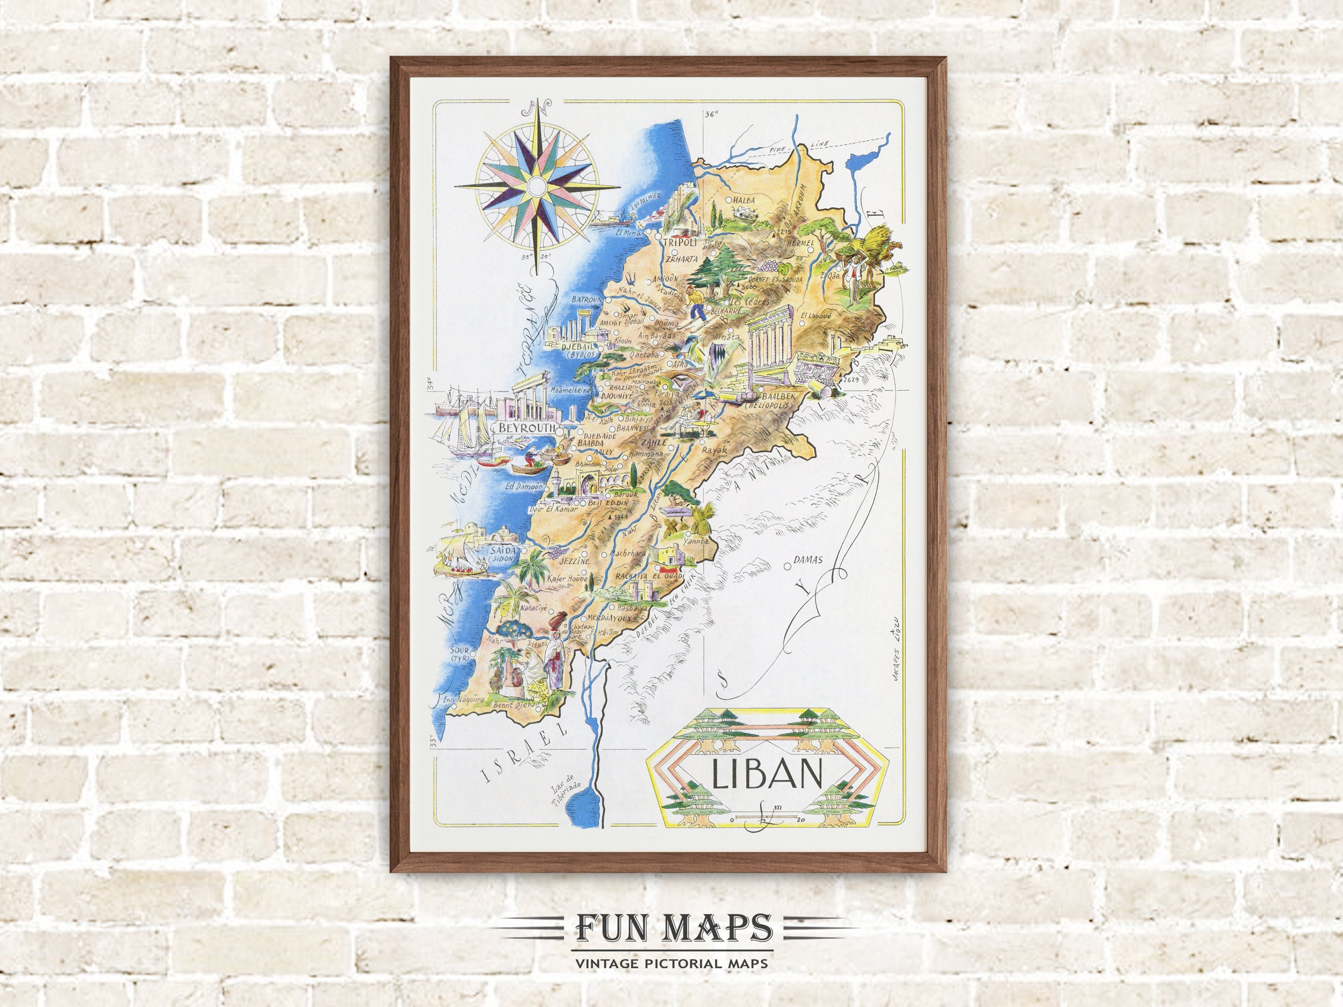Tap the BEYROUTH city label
527,428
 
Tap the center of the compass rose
537,185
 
